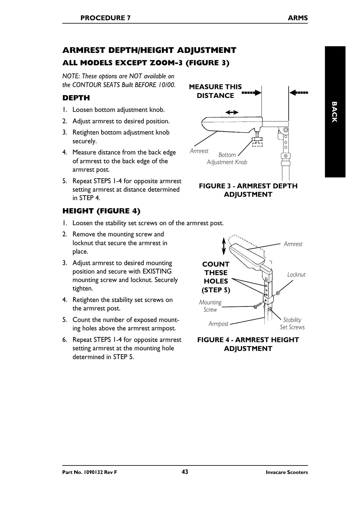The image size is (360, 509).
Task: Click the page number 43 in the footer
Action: pyautogui.click(x=185, y=472)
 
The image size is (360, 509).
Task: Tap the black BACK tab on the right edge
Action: pyautogui.click(x=335, y=112)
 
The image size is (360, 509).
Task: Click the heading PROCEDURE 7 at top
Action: pyautogui.click(x=105, y=18)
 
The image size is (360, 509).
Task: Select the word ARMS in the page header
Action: pyautogui.click(x=297, y=18)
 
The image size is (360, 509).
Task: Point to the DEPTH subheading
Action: pyautogui.click(x=76, y=98)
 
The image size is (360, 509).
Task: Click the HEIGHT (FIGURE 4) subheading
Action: pyautogui.click(x=101, y=211)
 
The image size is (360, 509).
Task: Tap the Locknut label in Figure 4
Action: pyautogui.click(x=296, y=274)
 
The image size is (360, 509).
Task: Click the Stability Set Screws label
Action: pyautogui.click(x=292, y=323)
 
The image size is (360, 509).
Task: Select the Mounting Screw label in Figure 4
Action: pyautogui.click(x=210, y=306)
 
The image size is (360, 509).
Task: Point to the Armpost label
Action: pyautogui.click(x=219, y=324)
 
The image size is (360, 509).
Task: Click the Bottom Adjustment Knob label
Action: pyautogui.click(x=227, y=158)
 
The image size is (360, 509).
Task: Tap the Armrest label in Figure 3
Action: pyautogui.click(x=199, y=151)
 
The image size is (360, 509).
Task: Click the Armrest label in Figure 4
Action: pyautogui.click(x=293, y=244)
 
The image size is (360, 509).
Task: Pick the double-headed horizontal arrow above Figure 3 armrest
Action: pyautogui.click(x=232, y=112)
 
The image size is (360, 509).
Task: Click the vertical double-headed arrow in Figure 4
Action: pyautogui.click(x=224, y=246)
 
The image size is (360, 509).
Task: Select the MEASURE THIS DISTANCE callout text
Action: pyautogui.click(x=215, y=91)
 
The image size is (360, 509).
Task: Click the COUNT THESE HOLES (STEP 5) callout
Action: pyautogui.click(x=216, y=277)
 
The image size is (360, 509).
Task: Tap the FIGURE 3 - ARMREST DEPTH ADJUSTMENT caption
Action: pyautogui.click(x=248, y=190)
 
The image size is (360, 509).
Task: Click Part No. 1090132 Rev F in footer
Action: pyautogui.click(x=89, y=472)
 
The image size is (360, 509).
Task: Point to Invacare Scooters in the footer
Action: pyautogui.click(x=287, y=472)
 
